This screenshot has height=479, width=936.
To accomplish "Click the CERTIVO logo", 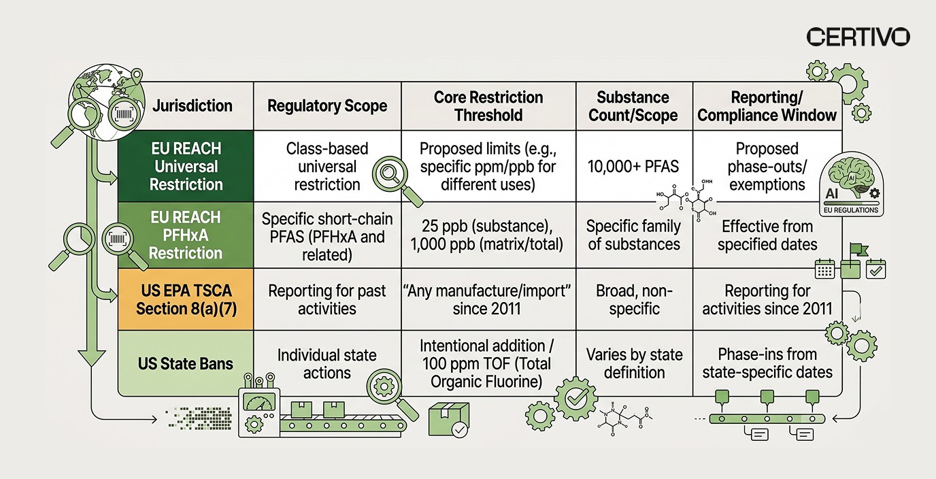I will tap(858, 37).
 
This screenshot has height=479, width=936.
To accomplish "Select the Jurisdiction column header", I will tap(192, 106).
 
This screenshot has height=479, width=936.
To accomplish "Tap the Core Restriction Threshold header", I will tap(488, 106).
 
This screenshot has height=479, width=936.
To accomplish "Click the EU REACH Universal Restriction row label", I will tap(186, 167).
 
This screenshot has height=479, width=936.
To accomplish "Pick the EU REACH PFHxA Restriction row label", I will tap(186, 235).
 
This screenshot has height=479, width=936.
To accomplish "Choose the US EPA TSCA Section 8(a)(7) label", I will tap(185, 300).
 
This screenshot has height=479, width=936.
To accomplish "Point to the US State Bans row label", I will tap(185, 364).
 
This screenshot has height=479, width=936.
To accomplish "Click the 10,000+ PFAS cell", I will tap(633, 167).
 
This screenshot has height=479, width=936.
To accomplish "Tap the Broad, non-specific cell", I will tap(633, 300).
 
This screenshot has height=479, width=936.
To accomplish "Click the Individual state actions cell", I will tap(327, 364).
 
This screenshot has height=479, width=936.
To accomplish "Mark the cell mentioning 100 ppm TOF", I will tap(488, 364).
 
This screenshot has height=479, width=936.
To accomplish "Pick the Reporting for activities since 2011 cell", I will tap(767, 300).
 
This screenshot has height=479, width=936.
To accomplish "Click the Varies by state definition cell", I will tap(633, 364).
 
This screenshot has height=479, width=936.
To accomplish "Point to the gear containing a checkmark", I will tap(575, 398).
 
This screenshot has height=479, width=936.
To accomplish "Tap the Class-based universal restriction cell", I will tap(327, 167).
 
